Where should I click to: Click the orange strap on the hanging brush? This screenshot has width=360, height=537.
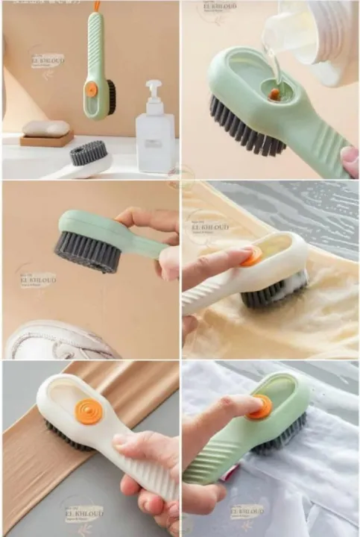tap(95, 7)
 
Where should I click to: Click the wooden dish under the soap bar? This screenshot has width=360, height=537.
tap(46, 139)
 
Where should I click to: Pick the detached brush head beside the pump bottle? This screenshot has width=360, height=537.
tap(89, 153)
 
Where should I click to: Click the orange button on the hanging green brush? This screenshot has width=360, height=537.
tap(91, 88)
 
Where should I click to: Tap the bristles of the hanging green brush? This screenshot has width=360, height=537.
tap(110, 98)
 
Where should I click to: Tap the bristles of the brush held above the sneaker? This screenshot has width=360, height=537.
tap(89, 251)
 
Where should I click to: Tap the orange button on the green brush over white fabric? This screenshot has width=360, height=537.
tap(262, 407)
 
